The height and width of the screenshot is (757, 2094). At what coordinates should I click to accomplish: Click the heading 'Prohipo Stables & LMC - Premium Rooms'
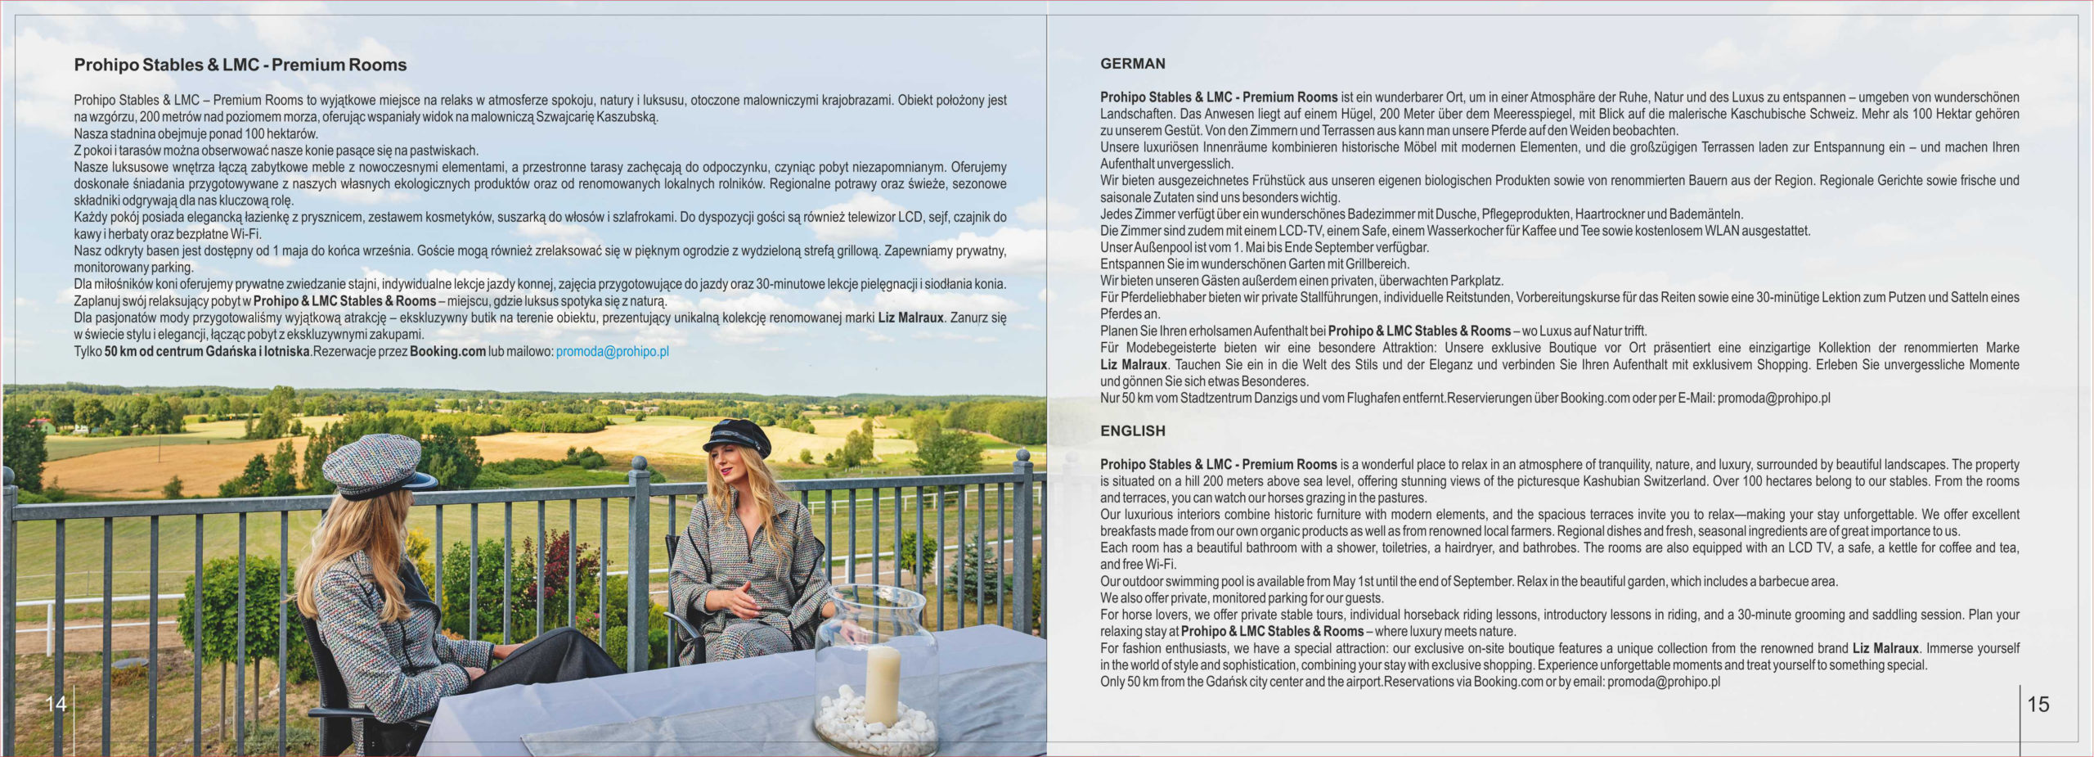tap(240, 65)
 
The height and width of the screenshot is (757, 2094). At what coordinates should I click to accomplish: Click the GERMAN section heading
tap(1132, 64)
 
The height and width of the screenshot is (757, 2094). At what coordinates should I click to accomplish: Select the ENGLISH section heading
tap(1132, 430)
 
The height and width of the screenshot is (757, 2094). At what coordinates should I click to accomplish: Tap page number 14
tap(56, 704)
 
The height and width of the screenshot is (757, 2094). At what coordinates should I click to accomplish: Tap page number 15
tap(2038, 704)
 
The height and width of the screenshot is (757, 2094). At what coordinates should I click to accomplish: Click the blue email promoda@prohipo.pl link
tap(612, 351)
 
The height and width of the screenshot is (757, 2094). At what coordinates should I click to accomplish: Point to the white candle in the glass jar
tap(882, 683)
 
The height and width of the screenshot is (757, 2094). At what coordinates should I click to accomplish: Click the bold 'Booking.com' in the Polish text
tap(447, 351)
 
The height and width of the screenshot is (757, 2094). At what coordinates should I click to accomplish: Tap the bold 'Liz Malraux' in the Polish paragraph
tap(910, 318)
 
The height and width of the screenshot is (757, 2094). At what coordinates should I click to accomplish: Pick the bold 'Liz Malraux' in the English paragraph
tap(1885, 648)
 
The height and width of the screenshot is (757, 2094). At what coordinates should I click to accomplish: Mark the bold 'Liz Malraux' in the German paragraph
tap(1133, 364)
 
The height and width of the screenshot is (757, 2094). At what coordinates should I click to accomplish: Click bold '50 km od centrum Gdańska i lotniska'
tap(207, 351)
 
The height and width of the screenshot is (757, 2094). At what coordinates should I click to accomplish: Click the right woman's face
tap(730, 468)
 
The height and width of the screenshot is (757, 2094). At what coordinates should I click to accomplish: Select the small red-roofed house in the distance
tap(42, 425)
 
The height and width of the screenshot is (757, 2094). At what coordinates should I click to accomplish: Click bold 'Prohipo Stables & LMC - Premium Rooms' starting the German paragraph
tap(1218, 97)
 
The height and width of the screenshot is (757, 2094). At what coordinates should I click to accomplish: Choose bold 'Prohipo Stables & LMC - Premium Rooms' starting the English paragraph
tap(1218, 464)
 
